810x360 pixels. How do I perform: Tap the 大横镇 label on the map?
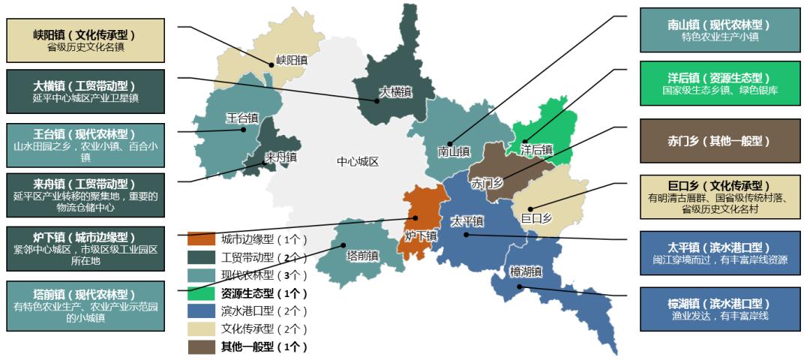[395, 93]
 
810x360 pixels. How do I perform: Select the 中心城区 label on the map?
[358, 162]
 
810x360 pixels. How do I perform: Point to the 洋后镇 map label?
[536, 150]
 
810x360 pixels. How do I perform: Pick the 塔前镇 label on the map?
[362, 256]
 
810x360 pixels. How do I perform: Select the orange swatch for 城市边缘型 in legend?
[200, 239]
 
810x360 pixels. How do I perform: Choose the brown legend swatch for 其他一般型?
[200, 346]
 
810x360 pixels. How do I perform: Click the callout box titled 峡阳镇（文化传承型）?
[85, 40]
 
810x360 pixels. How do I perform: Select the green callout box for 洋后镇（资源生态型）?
[718, 83]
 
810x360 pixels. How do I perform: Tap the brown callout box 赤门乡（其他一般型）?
[718, 141]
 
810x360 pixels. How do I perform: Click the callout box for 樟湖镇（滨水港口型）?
[718, 309]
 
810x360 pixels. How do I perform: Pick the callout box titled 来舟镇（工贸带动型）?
[85, 195]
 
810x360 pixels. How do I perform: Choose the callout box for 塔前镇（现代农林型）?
[85, 305]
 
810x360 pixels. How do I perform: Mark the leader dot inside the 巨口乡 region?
[529, 209]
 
